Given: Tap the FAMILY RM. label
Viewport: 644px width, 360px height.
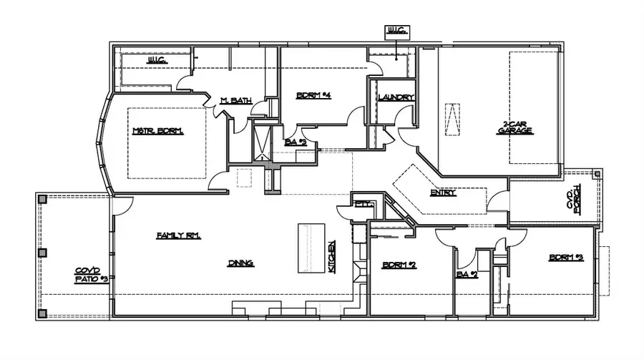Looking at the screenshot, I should pyautogui.click(x=178, y=235).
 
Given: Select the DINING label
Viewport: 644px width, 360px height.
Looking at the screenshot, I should pyautogui.click(x=241, y=263).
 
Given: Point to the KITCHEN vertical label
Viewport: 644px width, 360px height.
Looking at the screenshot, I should pyautogui.click(x=333, y=256).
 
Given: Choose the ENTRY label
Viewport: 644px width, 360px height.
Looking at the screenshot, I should pyautogui.click(x=444, y=193).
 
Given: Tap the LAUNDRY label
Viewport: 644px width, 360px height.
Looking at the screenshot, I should pyautogui.click(x=391, y=97).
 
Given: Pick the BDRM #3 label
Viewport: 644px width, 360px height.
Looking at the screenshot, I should pyautogui.click(x=566, y=257).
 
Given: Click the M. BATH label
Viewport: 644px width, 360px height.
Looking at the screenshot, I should pyautogui.click(x=235, y=100).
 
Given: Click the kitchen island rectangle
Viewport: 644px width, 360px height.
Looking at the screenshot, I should pyautogui.click(x=312, y=248).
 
